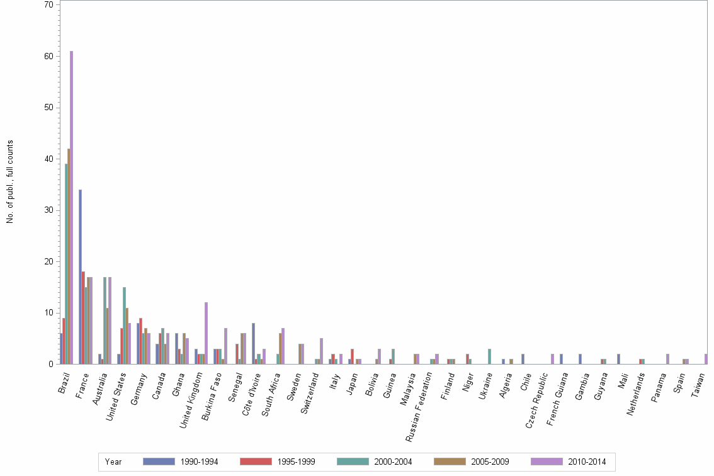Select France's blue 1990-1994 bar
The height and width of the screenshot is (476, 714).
pos(80,277)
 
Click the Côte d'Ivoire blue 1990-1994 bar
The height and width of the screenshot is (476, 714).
pos(253,344)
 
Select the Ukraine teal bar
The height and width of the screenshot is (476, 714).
pos(489,356)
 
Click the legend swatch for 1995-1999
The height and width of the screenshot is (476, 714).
pos(256,462)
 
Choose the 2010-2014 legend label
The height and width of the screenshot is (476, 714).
pos(586,462)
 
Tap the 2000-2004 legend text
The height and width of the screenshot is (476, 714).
pos(392,462)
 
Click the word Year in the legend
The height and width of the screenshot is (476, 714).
pos(113,462)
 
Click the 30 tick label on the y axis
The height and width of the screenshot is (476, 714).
pos(49,210)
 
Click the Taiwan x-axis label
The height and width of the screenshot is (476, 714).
pos(699,384)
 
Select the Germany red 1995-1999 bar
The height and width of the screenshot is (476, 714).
pos(141,341)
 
